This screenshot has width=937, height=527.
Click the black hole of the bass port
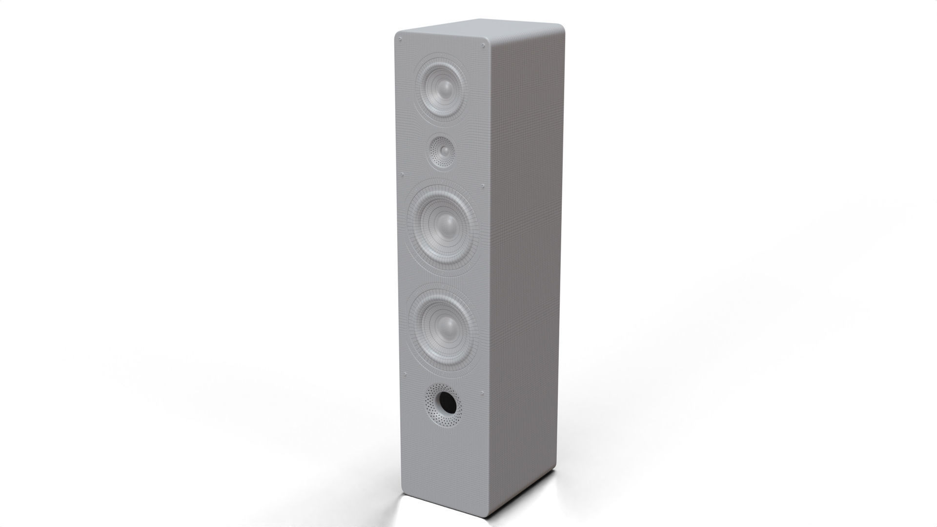point(448,401)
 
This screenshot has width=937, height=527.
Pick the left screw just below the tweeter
point(402,174)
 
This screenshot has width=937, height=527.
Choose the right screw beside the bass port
point(482,390)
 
